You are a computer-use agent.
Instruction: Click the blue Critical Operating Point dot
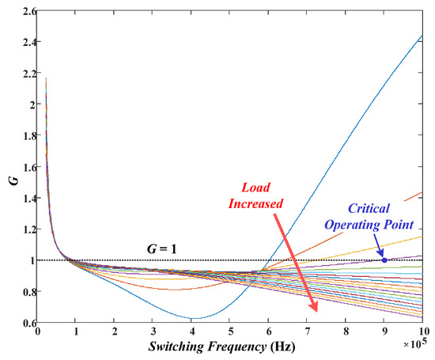click(x=384, y=260)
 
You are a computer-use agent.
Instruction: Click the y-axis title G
click(x=10, y=166)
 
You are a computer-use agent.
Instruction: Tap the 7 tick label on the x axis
click(x=308, y=333)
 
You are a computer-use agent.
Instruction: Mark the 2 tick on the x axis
click(x=115, y=333)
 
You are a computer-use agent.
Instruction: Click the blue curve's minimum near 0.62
click(x=194, y=318)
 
